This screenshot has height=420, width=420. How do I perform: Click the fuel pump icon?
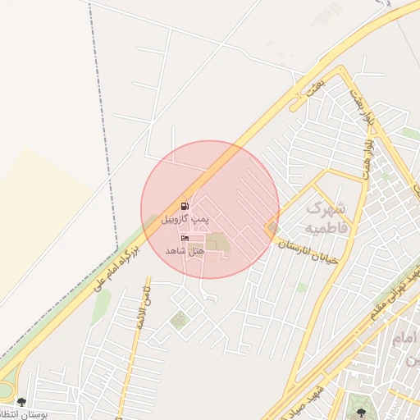(185, 206)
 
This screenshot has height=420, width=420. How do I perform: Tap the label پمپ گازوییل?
(185, 219)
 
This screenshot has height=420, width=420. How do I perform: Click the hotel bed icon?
(185, 238)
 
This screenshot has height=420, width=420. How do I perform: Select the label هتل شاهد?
(184, 249)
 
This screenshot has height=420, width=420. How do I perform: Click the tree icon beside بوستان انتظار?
(20, 403)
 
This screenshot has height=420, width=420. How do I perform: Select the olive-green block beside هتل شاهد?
(217, 244)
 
